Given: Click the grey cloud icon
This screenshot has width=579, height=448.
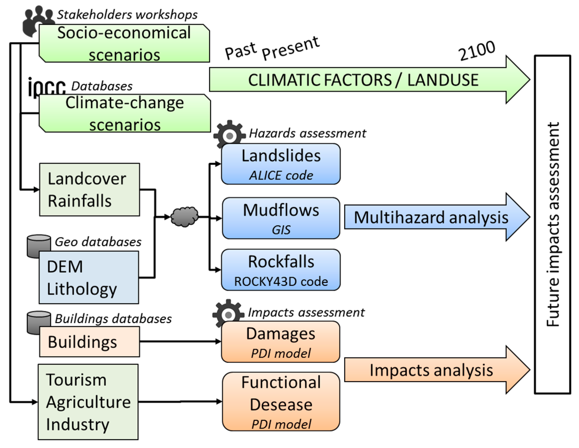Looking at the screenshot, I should point(184,216).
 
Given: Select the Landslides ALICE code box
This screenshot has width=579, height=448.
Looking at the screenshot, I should point(281,164).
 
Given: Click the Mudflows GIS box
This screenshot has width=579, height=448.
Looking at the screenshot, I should point(281,218).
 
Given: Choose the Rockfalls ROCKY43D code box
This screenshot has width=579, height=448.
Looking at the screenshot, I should point(281,270).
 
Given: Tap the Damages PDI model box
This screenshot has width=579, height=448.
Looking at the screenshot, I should point(281,342).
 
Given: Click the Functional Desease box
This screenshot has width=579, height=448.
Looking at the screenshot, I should point(281,401).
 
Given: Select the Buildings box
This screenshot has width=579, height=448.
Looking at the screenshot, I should point(89,342).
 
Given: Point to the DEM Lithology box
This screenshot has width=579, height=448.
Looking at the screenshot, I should point(89,278).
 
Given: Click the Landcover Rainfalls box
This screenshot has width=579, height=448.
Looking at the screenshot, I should point(89,190).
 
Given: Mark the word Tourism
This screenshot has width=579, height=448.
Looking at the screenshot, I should point(76,380).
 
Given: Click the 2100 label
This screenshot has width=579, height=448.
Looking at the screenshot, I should point(477,51).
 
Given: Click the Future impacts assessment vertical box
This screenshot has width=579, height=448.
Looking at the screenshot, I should point(553,225).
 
